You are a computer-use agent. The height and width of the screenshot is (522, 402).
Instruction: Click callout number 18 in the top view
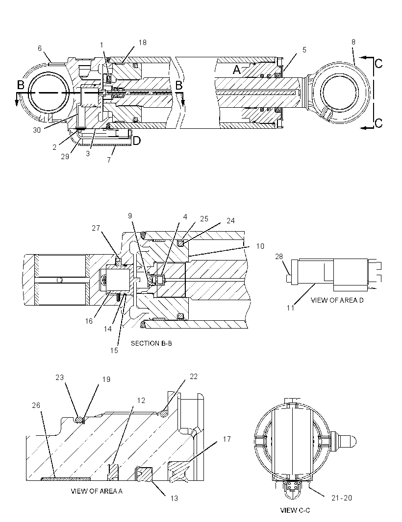(142, 43)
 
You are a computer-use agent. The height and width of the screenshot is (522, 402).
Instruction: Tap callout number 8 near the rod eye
(353, 42)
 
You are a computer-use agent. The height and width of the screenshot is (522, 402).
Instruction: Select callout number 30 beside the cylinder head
(37, 130)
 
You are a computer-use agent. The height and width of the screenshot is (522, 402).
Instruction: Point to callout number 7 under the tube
(109, 160)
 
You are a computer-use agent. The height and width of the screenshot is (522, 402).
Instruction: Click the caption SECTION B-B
(151, 343)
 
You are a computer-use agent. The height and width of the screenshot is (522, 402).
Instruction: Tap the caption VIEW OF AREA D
(337, 300)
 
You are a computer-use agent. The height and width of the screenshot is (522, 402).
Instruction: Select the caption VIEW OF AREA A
(97, 491)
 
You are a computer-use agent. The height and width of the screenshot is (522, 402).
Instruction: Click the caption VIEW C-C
(295, 510)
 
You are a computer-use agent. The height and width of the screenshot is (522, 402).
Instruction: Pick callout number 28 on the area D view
(278, 257)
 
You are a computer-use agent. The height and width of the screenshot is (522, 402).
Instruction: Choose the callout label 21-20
(342, 498)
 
